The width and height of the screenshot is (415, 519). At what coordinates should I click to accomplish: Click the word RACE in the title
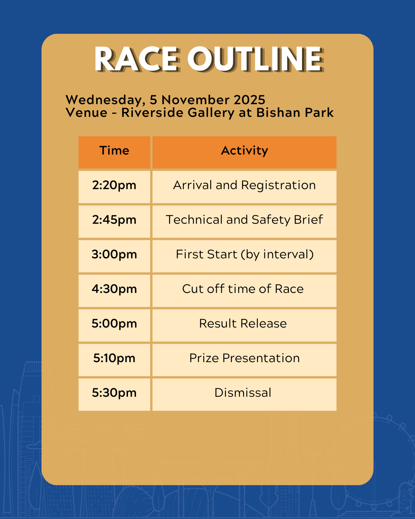click(x=137, y=59)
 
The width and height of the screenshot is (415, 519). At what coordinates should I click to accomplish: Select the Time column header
click(x=114, y=152)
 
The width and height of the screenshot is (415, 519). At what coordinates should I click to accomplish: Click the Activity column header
click(x=244, y=152)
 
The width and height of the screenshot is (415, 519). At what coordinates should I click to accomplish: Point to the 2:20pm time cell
click(x=114, y=187)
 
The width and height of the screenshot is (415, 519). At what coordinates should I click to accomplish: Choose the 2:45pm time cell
click(x=114, y=221)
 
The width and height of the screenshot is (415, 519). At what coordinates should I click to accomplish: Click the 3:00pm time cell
click(x=114, y=256)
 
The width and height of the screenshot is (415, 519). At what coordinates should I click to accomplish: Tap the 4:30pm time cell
click(x=114, y=291)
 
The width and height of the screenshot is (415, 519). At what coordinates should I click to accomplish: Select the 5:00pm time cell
click(x=114, y=325)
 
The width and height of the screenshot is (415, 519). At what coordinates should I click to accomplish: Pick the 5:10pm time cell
click(x=114, y=360)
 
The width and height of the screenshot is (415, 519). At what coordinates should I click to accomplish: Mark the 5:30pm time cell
click(x=114, y=394)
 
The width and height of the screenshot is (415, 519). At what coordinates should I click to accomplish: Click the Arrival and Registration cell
click(x=244, y=187)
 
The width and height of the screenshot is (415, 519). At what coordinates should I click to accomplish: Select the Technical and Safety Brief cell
click(x=244, y=221)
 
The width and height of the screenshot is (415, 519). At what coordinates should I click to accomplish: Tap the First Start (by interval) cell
click(x=244, y=256)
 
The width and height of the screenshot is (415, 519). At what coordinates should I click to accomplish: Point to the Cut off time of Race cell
click(x=244, y=291)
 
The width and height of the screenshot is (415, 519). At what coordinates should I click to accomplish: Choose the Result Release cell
click(x=244, y=325)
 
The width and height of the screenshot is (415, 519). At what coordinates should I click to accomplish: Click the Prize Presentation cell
click(x=244, y=360)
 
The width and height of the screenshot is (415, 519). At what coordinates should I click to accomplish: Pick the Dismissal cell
click(x=244, y=394)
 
